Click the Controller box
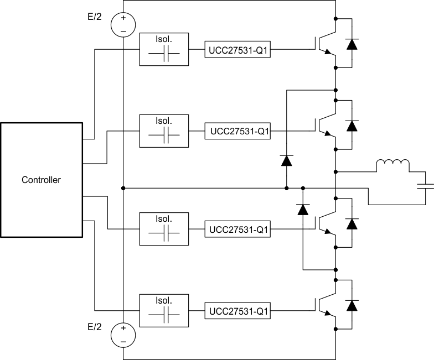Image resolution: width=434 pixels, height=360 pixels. tap(42, 180)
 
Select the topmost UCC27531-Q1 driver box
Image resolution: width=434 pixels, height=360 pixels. tap(238, 49)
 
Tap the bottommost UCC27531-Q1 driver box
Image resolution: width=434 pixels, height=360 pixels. tap(238, 312)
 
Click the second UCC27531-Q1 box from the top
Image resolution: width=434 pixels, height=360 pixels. tap(238, 132)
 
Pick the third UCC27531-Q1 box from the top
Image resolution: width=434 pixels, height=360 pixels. tap(238, 229)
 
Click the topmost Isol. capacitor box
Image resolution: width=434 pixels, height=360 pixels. tap(164, 49)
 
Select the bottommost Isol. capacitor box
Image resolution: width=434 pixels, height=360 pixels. tap(164, 312)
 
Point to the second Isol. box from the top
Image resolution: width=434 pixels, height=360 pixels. tap(164, 131)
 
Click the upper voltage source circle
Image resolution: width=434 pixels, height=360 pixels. tap(123, 25)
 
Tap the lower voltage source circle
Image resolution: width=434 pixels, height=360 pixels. tap(123, 335)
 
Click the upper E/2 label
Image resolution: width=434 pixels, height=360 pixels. tap(95, 17)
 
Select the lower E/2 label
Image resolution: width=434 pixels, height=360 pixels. tap(95, 327)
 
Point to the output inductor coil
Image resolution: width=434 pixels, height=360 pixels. tap(392, 165)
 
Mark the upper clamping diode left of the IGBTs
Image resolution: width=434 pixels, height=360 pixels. tap(287, 161)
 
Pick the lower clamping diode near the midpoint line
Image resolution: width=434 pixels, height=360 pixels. tap(303, 210)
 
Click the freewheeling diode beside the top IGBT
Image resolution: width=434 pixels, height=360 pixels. tap(352, 44)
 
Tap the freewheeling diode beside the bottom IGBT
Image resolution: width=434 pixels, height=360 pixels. tap(352, 305)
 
